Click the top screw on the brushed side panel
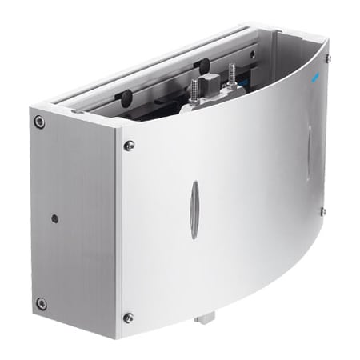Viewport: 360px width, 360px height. pyautogui.click(x=38, y=122)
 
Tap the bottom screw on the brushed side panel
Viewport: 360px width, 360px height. pyautogui.click(x=41, y=303)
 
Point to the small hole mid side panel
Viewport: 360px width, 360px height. pyautogui.click(x=54, y=218)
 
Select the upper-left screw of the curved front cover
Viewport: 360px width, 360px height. pyautogui.click(x=129, y=145)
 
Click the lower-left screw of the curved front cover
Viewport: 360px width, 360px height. pyautogui.click(x=128, y=318)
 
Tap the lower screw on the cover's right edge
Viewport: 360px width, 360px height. pyautogui.click(x=322, y=211)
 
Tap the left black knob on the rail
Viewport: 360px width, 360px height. pyautogui.click(x=126, y=98)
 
